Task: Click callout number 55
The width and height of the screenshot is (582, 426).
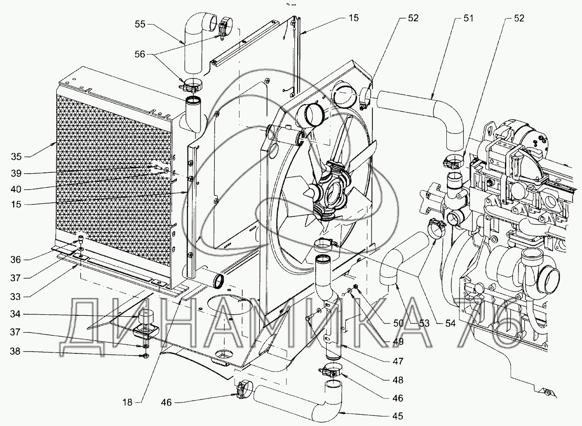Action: pos(140,24)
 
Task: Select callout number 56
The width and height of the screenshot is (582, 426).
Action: pos(140,54)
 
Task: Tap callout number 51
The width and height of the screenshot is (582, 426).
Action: pos(468,18)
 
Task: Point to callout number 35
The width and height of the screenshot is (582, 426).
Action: pos(16,157)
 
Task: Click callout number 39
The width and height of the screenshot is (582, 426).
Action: pos(16,173)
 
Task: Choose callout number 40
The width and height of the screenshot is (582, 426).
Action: pos(16,189)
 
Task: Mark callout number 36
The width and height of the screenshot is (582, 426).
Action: pos(15,260)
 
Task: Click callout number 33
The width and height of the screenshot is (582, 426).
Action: pos(15,297)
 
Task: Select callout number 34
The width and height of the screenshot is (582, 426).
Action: pos(15,314)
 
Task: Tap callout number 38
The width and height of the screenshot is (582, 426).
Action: pos(15,352)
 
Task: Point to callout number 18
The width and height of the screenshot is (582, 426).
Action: pos(127,402)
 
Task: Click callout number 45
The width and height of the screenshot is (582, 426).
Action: pos(398,416)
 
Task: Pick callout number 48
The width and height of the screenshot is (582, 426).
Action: pos(398,380)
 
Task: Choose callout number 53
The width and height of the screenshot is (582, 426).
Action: pos(424,323)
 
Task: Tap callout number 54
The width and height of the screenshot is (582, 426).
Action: pos(450,323)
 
